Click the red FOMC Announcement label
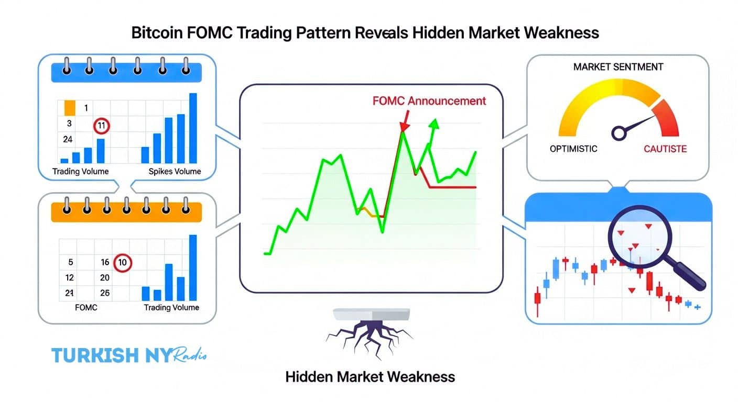429,101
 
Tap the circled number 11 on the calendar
101,125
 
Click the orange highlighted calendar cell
70,108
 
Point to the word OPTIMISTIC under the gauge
573,149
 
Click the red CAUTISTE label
665,149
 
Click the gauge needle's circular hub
619,133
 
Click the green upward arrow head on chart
433,124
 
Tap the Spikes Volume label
175,172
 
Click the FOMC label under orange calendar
86,307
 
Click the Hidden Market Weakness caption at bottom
370,376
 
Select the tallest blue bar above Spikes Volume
193,128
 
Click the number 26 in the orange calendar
105,293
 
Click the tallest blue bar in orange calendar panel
192,267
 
